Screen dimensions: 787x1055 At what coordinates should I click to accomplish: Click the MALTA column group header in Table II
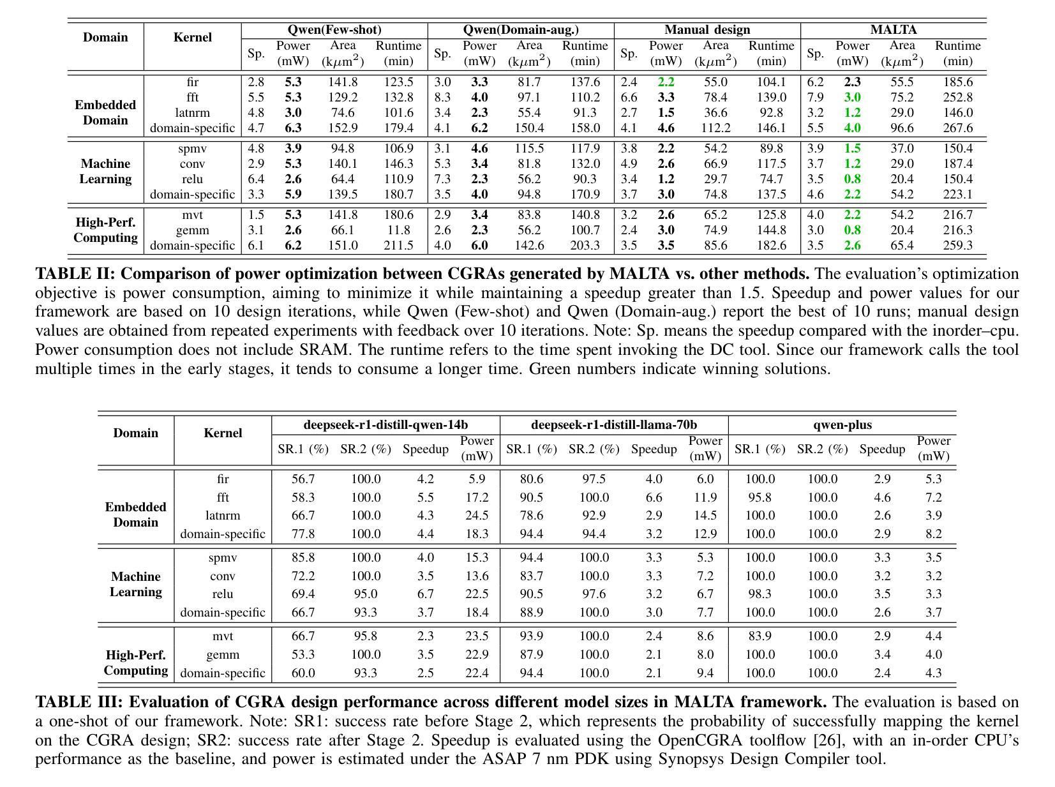tap(893, 30)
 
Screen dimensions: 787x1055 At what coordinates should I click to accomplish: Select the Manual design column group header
tap(707, 30)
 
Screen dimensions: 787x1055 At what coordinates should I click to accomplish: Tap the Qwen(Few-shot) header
tap(334, 30)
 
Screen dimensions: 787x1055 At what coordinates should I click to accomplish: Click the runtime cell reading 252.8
tap(957, 98)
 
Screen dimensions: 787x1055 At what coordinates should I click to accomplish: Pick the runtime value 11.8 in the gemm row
tap(399, 230)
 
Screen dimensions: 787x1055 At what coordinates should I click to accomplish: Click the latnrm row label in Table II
tap(192, 113)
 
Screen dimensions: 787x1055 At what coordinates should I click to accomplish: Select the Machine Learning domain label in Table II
tap(105, 172)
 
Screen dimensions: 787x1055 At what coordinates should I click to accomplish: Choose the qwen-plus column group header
tap(842, 425)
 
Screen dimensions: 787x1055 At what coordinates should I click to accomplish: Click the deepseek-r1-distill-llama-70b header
tap(613, 425)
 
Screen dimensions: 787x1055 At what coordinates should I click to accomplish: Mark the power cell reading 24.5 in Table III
tap(477, 516)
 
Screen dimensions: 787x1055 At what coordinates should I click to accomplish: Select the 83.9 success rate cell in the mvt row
tap(759, 636)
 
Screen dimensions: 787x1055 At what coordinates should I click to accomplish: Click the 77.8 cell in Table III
tap(303, 534)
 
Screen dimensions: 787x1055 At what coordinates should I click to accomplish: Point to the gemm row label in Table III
tap(222, 655)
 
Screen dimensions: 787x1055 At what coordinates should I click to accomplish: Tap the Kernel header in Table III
tap(222, 433)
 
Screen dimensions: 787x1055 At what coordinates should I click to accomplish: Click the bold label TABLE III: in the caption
tap(79, 703)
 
